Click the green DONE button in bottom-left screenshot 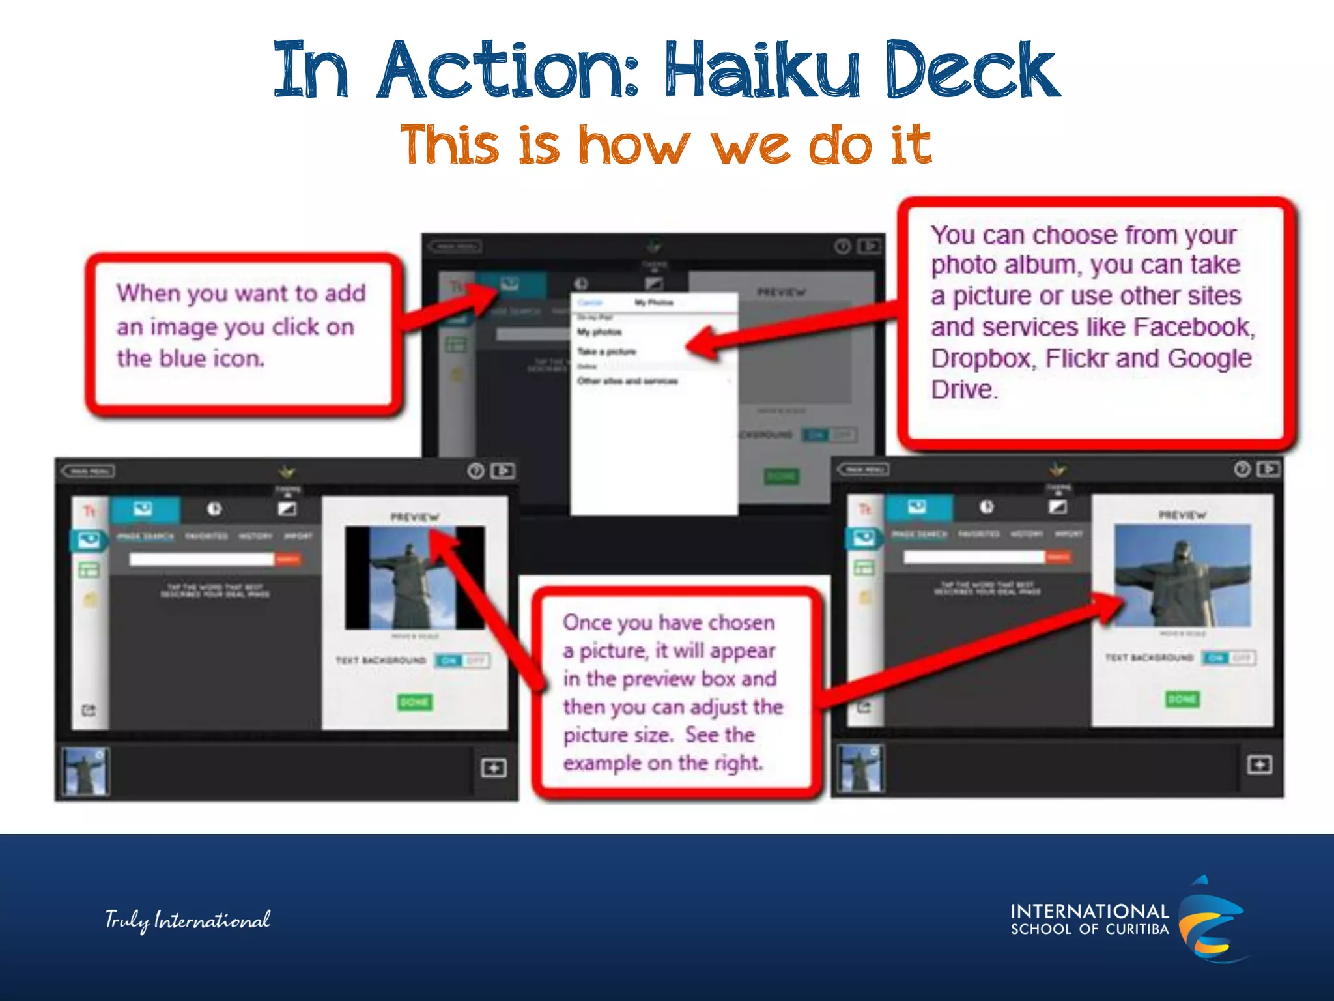(x=414, y=702)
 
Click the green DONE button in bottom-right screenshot (x=1182, y=699)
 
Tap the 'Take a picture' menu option (x=606, y=352)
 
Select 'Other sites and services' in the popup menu (x=627, y=381)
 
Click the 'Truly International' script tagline (x=188, y=920)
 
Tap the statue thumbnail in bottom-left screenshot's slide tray (x=85, y=772)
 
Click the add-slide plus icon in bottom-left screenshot (x=494, y=768)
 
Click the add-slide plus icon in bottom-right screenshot (x=1259, y=764)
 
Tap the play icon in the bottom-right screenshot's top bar (x=1268, y=469)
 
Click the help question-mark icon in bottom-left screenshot (x=476, y=471)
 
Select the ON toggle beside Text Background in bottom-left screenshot (x=449, y=661)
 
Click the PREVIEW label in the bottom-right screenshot (x=1182, y=515)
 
